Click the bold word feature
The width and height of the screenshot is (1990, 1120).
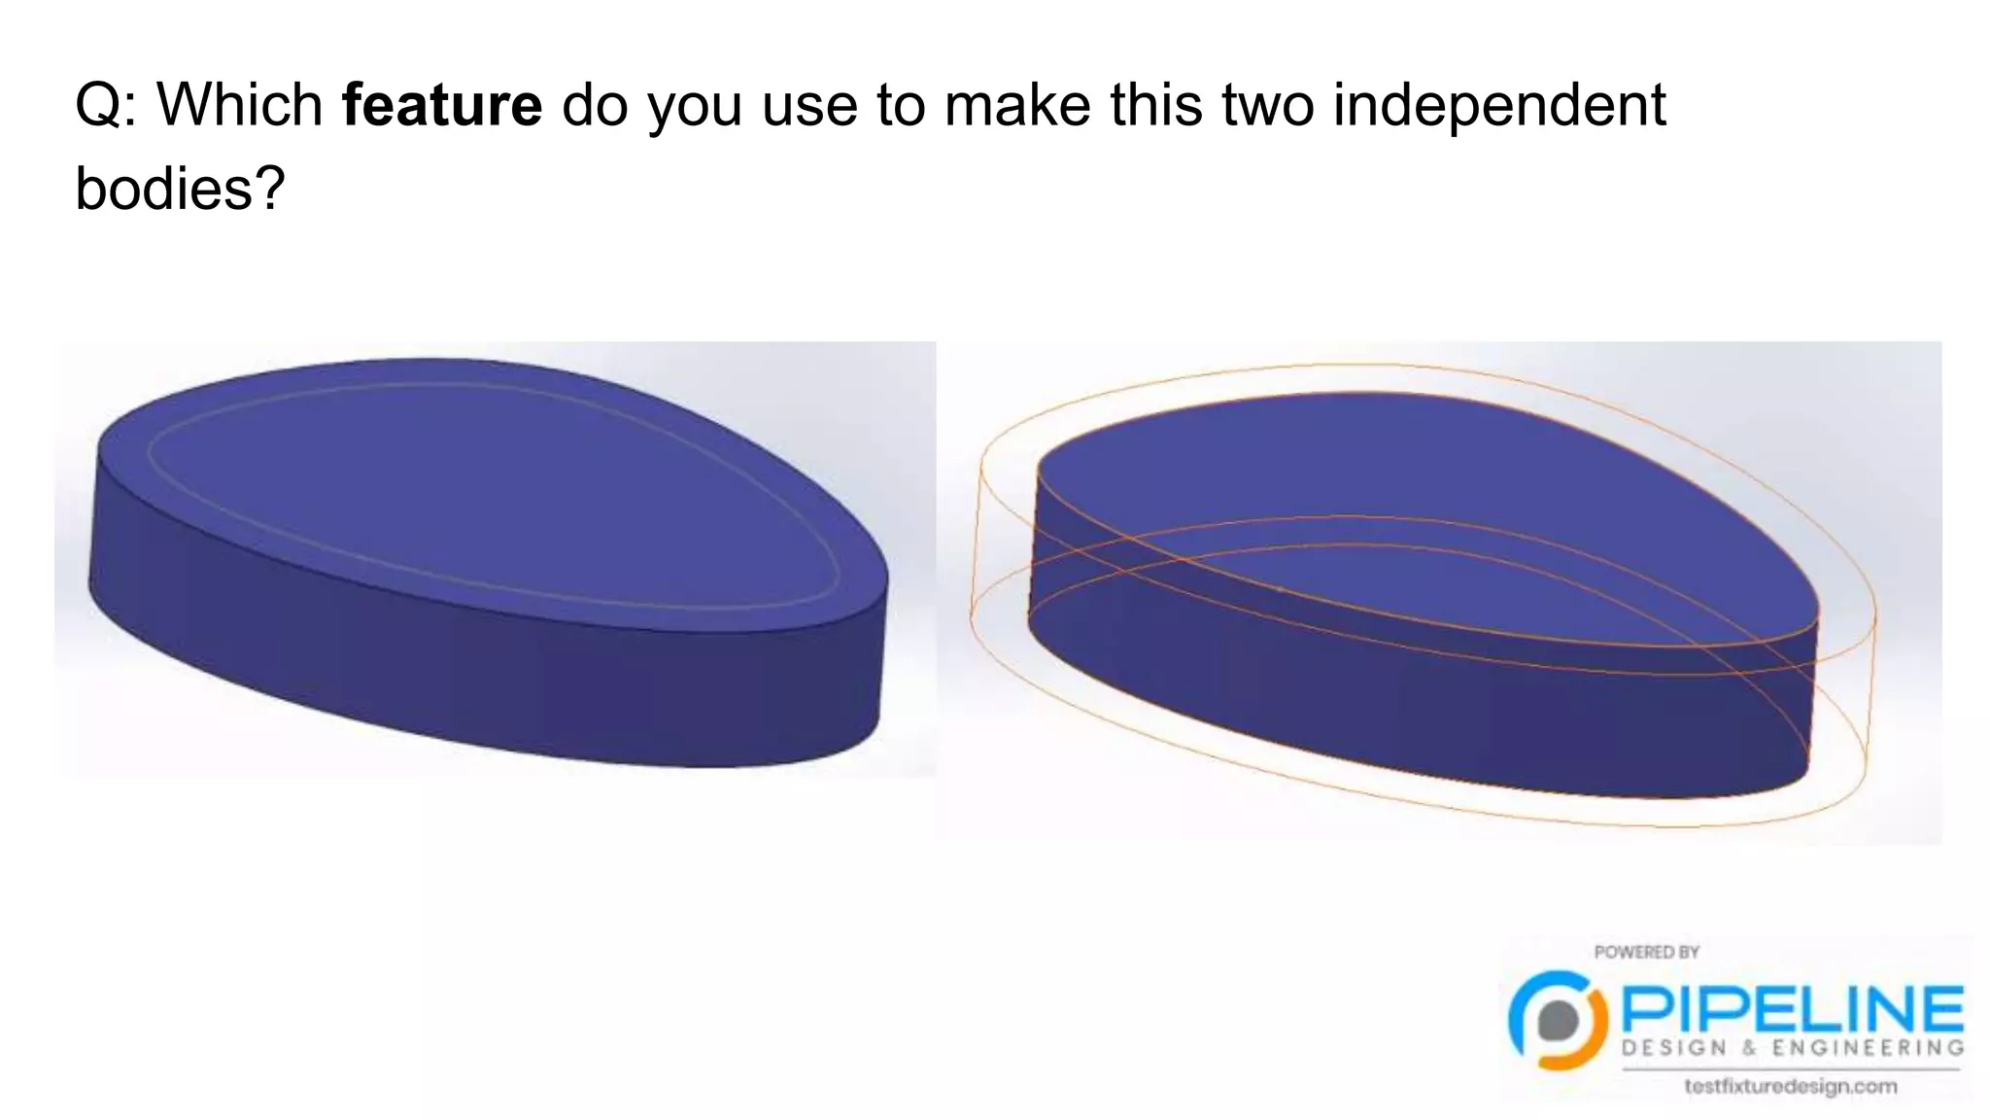442,105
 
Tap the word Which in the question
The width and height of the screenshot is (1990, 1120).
240,105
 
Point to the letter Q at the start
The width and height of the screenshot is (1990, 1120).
96,105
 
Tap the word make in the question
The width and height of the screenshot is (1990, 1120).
1017,105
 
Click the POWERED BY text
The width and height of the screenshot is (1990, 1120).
1646,952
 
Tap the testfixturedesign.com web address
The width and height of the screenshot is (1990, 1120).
1790,1086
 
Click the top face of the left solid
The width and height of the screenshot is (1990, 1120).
486,486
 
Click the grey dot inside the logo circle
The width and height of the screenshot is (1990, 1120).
1559,1020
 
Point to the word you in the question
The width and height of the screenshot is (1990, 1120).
695,105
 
